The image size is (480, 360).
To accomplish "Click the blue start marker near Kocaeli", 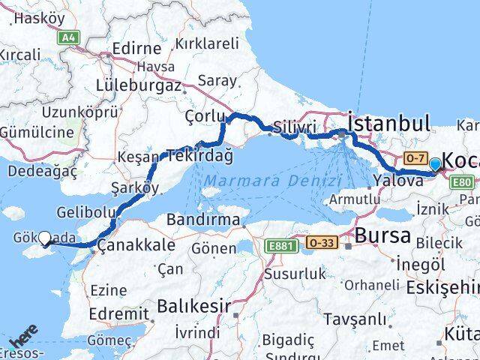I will coord(435,163).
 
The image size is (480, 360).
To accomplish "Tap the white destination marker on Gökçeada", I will coord(44,238).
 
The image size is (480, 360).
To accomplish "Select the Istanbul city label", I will coord(388,124).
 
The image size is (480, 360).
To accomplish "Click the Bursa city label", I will coord(382,236).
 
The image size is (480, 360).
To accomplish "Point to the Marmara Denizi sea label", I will coord(273,181).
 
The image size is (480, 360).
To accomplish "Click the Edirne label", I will coord(136,49).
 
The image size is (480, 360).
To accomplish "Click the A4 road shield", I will coord(70,37).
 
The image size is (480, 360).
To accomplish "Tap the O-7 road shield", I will coord(415,158).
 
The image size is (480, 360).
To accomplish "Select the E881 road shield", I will coord(280,244).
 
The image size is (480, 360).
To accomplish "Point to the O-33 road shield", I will coord(321,243).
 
